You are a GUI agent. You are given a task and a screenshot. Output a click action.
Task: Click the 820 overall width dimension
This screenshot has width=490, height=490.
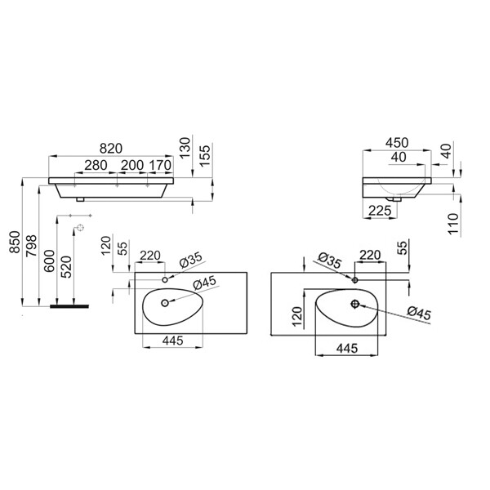point(111,148)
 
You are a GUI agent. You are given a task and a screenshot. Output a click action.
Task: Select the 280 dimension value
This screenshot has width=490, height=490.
point(96,165)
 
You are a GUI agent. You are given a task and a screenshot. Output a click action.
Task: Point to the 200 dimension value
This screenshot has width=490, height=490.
point(132,165)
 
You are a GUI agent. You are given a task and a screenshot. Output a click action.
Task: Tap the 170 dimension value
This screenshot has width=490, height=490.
point(160,165)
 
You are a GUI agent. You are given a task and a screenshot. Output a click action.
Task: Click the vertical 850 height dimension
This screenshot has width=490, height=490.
point(15,243)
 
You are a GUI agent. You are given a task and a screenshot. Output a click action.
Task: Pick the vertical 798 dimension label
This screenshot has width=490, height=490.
point(32,246)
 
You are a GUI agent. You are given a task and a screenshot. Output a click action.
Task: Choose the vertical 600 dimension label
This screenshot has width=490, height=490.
point(49,261)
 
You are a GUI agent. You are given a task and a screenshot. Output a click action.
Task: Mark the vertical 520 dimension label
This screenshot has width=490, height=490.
point(66,267)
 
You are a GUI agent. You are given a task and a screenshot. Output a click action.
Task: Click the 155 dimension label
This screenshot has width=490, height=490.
point(205,155)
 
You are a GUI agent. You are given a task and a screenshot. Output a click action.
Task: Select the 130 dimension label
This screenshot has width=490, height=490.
point(185,148)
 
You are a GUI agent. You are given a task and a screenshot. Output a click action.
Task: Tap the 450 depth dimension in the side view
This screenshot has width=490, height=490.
point(397,142)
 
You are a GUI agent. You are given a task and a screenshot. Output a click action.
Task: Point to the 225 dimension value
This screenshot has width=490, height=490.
point(380,211)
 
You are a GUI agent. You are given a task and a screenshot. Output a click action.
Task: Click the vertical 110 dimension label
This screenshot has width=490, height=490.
point(452,224)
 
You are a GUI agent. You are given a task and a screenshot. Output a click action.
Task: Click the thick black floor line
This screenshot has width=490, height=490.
point(69,306)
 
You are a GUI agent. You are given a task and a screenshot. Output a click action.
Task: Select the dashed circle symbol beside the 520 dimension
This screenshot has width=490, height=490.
point(81,228)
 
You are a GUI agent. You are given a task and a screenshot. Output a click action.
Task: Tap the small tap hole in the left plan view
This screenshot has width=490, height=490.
point(165,279)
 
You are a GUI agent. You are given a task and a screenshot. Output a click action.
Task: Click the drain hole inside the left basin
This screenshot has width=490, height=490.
point(165,302)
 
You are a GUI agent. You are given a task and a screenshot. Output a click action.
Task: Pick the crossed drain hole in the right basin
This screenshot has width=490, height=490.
point(354,304)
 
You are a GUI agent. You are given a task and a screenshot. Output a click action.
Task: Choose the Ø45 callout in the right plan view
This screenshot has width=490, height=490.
point(419,314)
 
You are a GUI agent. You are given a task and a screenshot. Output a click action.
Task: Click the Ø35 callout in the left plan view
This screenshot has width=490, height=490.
point(191,260)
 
